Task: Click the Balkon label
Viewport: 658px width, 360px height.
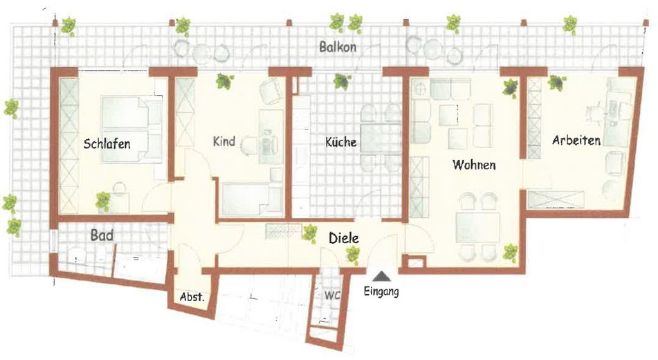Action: (338, 48)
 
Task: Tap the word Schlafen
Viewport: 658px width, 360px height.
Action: (107, 145)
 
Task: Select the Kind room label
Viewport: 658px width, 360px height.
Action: (223, 142)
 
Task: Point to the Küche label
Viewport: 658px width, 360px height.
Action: (341, 143)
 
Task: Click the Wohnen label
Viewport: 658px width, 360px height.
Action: (474, 165)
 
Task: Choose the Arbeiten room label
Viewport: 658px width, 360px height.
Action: (576, 140)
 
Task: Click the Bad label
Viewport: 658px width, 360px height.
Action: (102, 235)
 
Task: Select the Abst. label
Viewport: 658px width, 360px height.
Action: (191, 298)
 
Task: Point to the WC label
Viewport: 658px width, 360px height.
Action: (332, 295)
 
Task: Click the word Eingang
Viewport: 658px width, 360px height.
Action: (381, 292)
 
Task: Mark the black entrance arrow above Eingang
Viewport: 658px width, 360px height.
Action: (381, 277)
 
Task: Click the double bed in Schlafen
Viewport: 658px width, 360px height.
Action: (131, 129)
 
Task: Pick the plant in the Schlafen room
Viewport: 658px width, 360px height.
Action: (102, 201)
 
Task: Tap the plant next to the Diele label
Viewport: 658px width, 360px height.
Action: (308, 233)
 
